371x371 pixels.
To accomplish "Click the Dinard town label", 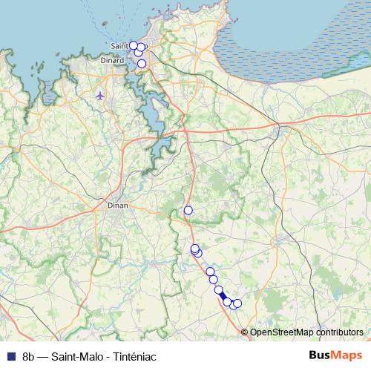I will point(114,60).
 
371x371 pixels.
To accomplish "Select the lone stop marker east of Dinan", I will point(188,210).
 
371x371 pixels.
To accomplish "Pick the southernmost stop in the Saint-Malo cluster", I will point(142,64).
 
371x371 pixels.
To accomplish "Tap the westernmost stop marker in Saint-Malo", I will point(133,45).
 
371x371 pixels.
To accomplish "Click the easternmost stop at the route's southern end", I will point(237,303).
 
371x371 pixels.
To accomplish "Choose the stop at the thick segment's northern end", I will point(218,289).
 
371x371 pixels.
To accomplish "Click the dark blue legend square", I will point(9,356).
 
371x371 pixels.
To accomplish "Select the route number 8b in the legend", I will point(29,356).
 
